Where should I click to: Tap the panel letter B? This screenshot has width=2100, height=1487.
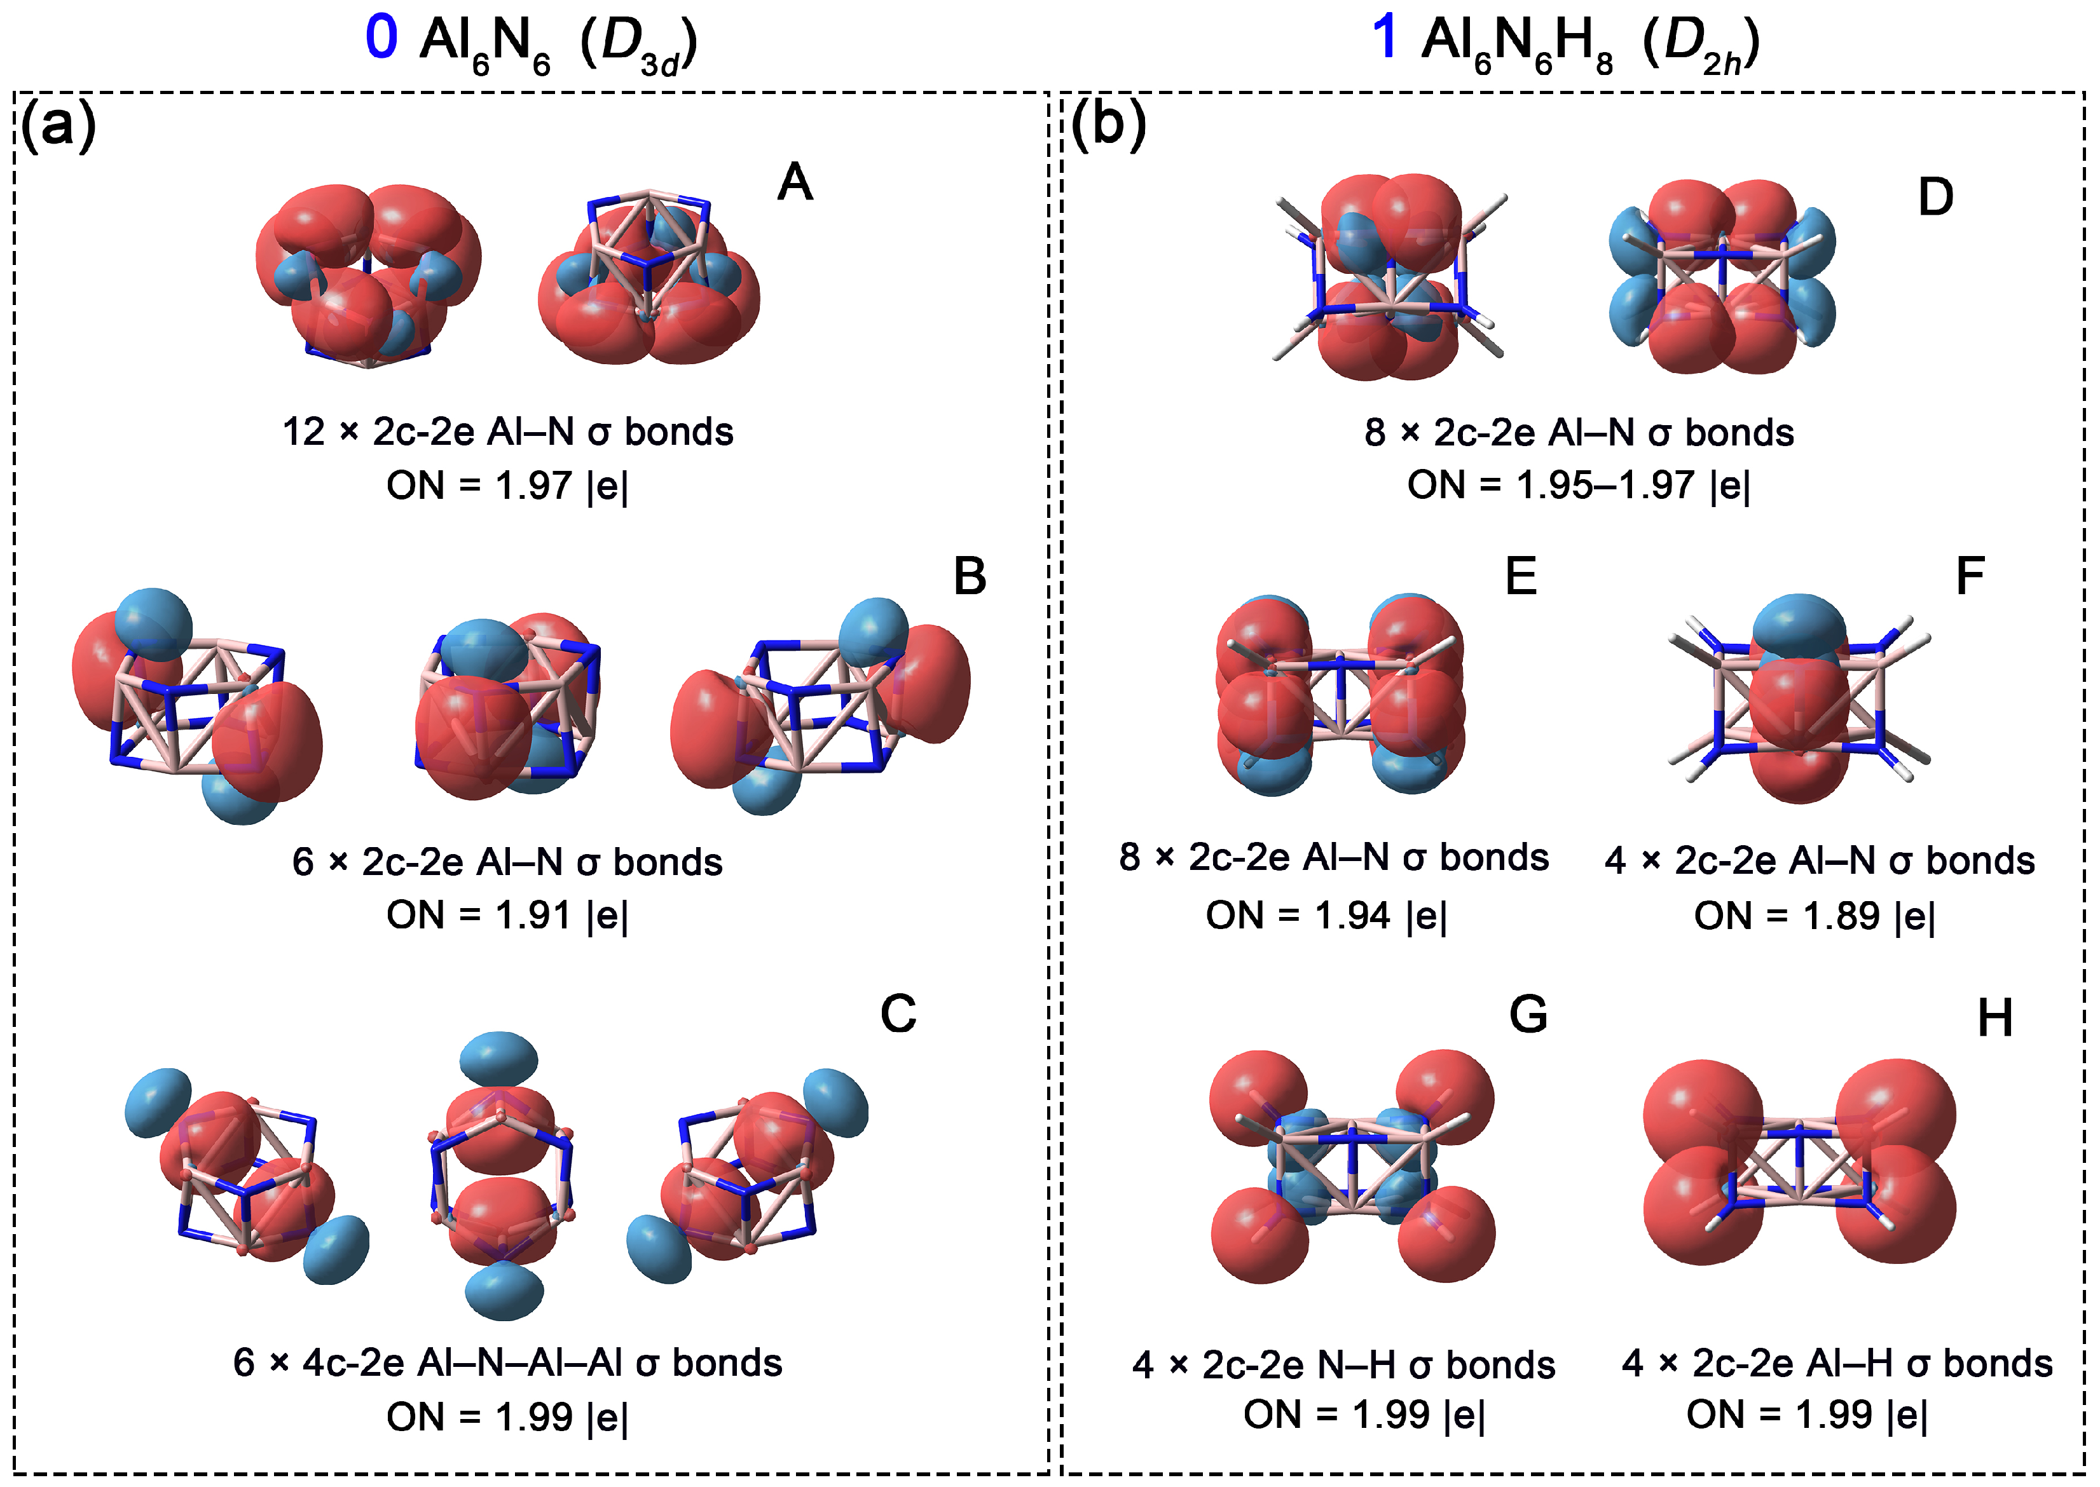coord(969,576)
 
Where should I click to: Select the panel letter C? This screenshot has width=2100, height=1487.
coord(898,1014)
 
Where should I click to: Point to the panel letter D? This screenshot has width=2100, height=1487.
coord(1935,197)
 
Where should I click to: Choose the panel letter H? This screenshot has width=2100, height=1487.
coord(1994,1017)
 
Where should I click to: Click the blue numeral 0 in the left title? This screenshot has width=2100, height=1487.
coord(381,39)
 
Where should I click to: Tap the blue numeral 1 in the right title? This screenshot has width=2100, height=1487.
coord(1385,39)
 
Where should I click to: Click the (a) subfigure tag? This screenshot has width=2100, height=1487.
coord(58,124)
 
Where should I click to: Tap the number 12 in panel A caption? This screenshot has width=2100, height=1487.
coord(303,432)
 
